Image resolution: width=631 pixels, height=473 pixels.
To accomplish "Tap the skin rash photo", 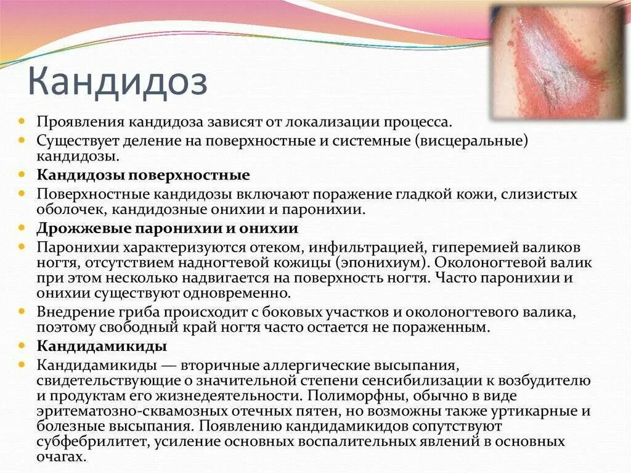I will point(558,62).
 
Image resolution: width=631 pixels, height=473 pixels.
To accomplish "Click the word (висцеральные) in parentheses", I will point(472,140).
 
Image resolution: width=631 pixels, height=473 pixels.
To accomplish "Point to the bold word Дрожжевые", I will point(77,228).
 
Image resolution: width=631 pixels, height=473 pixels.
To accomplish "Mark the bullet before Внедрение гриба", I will point(22,310).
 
